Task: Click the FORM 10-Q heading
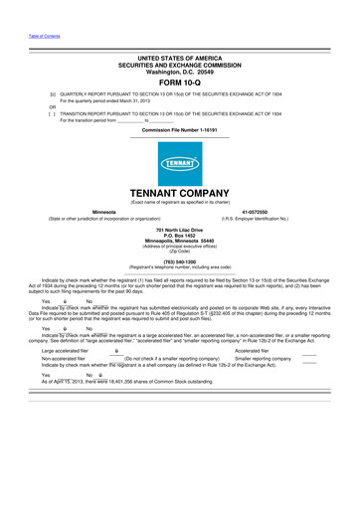tap(179, 83)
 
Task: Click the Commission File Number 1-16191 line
tap(179, 130)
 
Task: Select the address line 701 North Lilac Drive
tap(180, 229)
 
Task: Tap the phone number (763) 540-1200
tap(180, 262)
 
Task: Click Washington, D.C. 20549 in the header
tap(179, 73)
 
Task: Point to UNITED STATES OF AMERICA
tap(179, 60)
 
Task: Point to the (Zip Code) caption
tap(180, 251)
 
